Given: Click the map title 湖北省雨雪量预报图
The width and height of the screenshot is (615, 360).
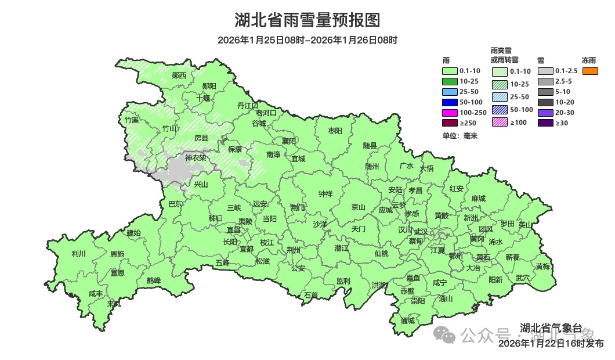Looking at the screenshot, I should (x=307, y=20).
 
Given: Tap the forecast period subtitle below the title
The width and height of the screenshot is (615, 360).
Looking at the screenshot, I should (x=307, y=40).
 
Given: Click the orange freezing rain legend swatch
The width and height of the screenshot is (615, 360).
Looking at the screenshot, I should (x=590, y=71).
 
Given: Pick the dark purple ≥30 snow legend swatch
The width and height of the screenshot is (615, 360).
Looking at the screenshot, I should (x=545, y=123).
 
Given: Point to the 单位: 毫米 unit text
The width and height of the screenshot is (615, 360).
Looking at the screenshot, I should (x=460, y=136).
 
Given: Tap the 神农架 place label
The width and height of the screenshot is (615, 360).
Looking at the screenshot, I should (x=196, y=158).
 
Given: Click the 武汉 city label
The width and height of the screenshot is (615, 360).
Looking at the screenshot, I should (x=421, y=232).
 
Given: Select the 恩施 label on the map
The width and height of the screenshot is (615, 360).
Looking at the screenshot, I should (x=117, y=254).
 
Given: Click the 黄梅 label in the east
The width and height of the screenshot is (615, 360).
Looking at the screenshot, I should (x=543, y=267).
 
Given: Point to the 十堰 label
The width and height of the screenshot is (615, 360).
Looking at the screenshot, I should (x=203, y=98).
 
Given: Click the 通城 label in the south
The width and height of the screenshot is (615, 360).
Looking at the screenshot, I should (x=408, y=321).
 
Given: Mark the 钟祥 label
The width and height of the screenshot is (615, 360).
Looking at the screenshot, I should (x=325, y=195).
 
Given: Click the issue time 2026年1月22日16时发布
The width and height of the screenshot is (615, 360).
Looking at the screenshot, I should (x=551, y=343).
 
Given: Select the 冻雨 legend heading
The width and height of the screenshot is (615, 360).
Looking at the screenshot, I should (x=589, y=60).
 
